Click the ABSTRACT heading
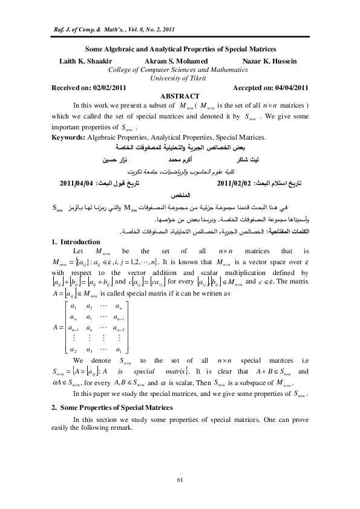pyautogui.click(x=180, y=96)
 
